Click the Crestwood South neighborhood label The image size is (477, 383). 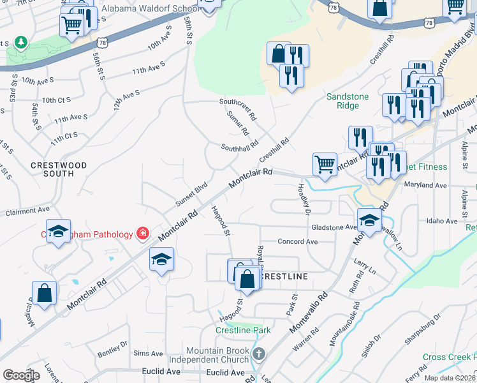59,170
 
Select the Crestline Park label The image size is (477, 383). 243,330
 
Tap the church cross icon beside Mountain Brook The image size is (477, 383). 258,354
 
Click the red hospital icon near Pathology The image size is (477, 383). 142,234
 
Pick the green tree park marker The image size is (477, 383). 21,42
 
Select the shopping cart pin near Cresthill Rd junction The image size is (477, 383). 325,164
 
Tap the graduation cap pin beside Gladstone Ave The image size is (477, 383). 369,220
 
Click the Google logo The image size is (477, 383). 21,375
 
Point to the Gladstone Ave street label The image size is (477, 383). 334,227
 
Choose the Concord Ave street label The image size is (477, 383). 297,242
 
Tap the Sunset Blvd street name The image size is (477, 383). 192,195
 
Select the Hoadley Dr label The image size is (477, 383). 304,199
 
